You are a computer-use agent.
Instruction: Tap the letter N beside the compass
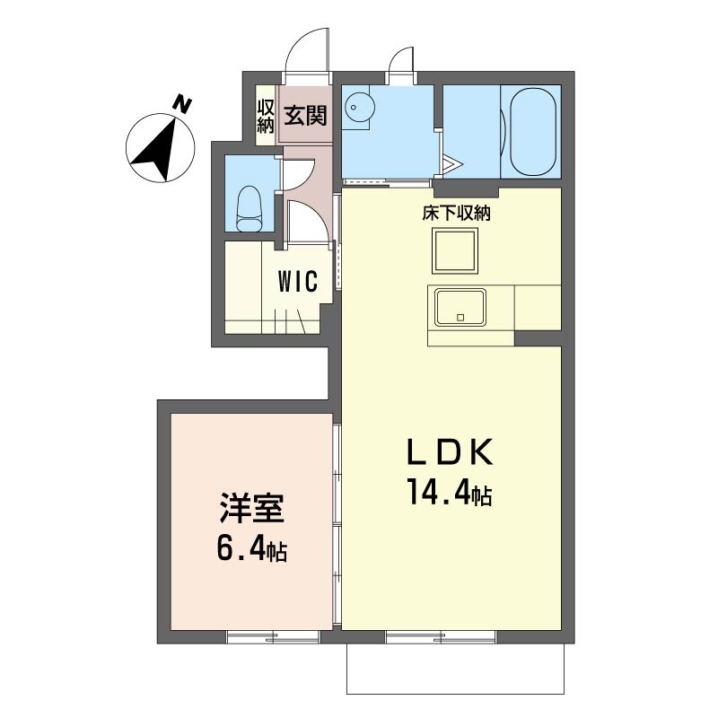(x=183, y=104)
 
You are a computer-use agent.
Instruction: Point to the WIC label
(x=297, y=282)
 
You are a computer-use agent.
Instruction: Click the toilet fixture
(x=248, y=207)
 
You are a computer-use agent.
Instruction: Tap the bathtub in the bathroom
(x=534, y=132)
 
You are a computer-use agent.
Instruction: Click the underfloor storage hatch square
(x=456, y=250)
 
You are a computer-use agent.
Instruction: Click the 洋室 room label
(x=252, y=510)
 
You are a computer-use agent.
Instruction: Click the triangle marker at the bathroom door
(x=451, y=165)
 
